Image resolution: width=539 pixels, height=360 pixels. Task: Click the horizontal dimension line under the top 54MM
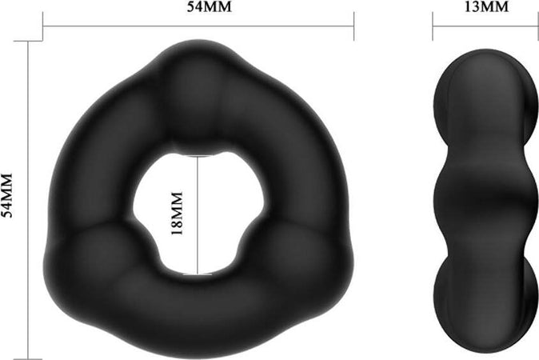click(198, 26)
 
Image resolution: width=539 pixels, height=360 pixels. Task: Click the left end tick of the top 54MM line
click(43, 26)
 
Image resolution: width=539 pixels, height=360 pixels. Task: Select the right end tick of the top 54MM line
click(353, 26)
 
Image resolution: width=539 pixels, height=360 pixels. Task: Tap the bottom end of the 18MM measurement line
click(198, 274)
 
